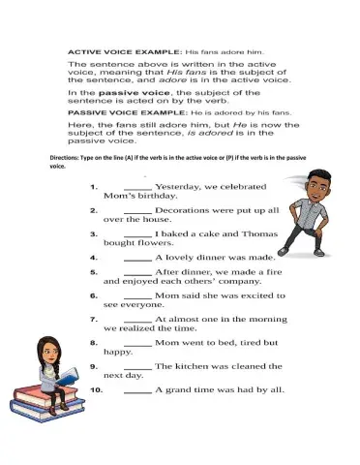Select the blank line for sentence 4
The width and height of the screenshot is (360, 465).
[x=137, y=260]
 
